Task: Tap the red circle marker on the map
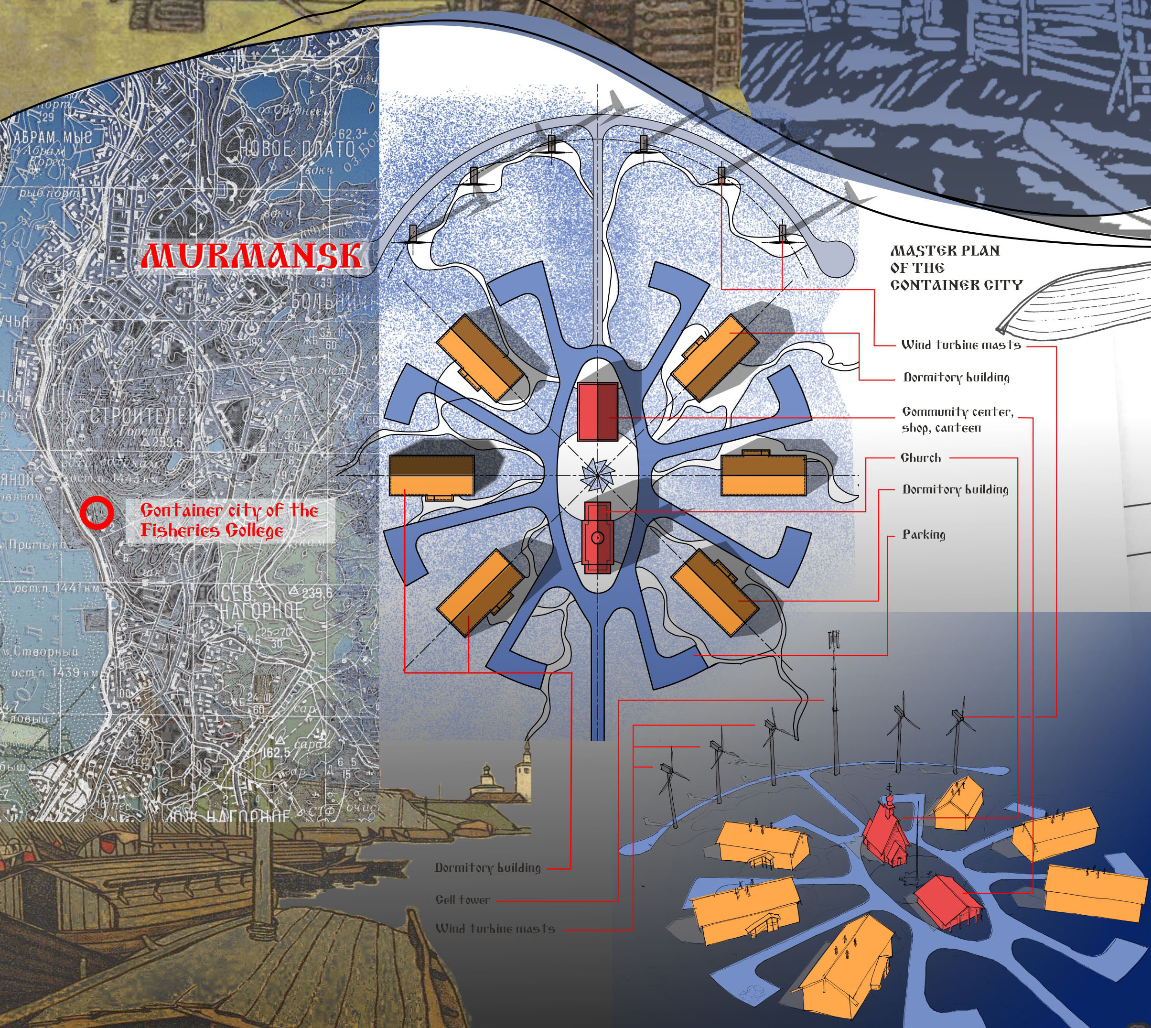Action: click(x=96, y=512)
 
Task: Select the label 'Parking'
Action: click(x=924, y=534)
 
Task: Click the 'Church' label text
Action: click(x=921, y=458)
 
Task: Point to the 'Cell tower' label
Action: click(x=462, y=900)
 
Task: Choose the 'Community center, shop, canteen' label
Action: click(x=957, y=420)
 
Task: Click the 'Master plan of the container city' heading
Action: click(x=956, y=268)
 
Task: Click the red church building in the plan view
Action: click(x=597, y=537)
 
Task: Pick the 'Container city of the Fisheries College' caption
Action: click(x=229, y=520)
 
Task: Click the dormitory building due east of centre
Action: click(x=763, y=475)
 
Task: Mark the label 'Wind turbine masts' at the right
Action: click(x=961, y=345)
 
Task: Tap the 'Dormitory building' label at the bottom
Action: click(x=487, y=867)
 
